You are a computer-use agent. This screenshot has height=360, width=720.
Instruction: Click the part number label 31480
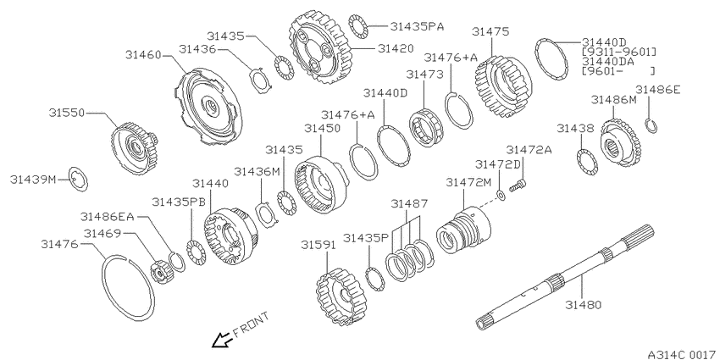click(583, 304)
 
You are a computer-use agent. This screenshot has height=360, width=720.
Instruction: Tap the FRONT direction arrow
click(221, 341)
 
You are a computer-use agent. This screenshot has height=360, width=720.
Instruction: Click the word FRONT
click(252, 324)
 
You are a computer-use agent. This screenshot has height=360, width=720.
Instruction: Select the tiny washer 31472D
click(501, 196)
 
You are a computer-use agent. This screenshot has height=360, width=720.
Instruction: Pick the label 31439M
click(31, 180)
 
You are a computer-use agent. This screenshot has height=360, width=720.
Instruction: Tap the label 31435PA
click(417, 26)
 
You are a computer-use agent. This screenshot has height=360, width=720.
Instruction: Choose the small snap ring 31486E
click(651, 126)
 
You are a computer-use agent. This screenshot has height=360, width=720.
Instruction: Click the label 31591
click(318, 245)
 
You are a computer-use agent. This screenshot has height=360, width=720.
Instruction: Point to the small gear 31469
click(161, 272)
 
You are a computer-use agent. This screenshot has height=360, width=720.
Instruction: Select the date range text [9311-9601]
click(619, 52)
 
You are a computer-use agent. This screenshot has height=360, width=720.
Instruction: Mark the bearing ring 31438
click(587, 162)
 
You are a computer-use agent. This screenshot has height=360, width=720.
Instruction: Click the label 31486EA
click(107, 216)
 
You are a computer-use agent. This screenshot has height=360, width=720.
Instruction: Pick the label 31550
click(67, 113)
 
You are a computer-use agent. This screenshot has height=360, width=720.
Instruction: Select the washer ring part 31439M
click(78, 179)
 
